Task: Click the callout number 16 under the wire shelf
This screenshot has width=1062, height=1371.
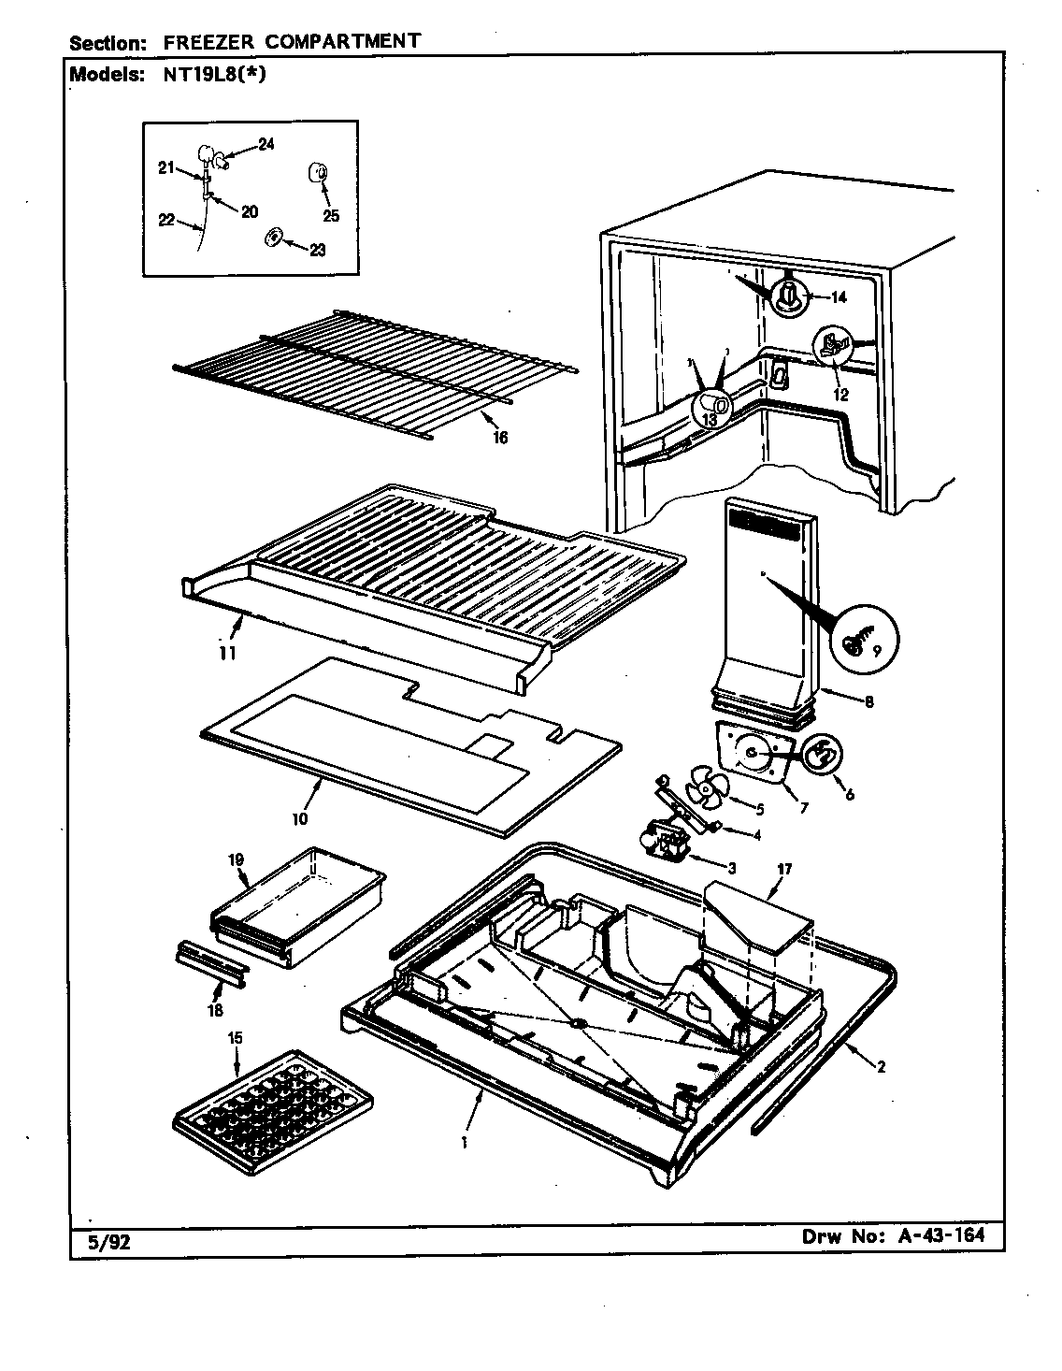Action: pyautogui.click(x=500, y=437)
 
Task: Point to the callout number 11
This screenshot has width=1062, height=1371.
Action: pyautogui.click(x=226, y=652)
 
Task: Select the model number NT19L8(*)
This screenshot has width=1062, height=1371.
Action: pyautogui.click(x=206, y=76)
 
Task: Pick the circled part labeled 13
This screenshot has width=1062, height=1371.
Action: pyautogui.click(x=709, y=405)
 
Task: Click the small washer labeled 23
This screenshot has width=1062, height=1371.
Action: pyautogui.click(x=272, y=239)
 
